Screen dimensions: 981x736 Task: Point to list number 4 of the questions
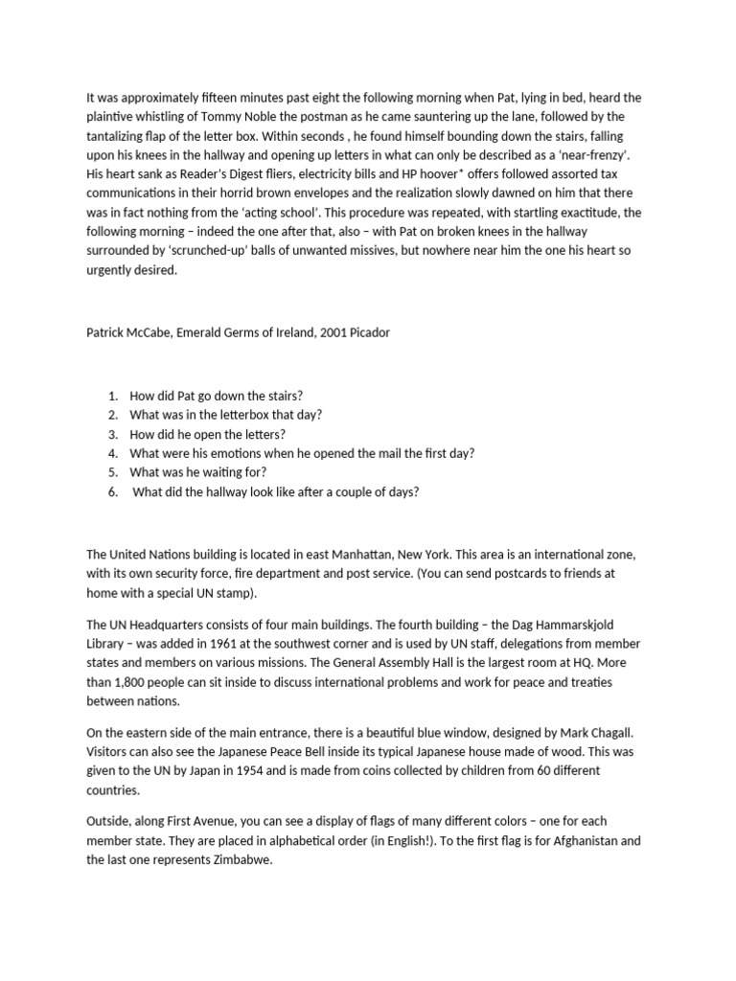[113, 453]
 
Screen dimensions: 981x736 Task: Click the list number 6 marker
[113, 491]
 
